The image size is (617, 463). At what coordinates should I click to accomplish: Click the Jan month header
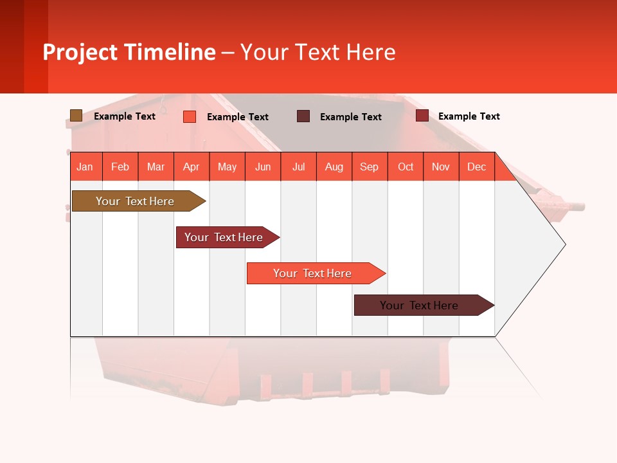85,167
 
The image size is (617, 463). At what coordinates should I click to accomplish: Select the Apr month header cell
192,167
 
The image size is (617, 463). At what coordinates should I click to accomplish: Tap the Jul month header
298,167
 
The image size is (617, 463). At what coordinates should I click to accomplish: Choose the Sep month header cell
370,167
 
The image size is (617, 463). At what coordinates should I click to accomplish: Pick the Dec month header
476,167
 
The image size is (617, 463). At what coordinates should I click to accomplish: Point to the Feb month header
120,167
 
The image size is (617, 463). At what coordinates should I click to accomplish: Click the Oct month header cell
406,167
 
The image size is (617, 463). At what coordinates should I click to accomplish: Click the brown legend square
76,116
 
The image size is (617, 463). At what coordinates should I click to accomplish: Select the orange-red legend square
190,116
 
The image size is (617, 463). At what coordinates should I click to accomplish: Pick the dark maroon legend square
303,116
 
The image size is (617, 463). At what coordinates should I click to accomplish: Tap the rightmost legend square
422,116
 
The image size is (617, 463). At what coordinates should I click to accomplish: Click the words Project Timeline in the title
129,52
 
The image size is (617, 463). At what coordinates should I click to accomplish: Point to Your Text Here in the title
317,52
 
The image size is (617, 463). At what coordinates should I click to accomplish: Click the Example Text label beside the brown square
125,116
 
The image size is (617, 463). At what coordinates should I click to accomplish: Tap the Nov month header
441,167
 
